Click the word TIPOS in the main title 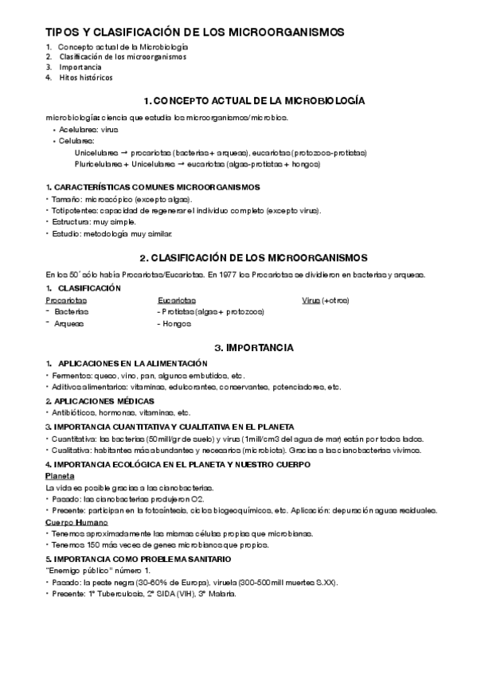[61, 33]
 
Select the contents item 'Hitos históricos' [85, 78]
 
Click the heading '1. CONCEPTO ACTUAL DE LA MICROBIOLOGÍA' [252, 102]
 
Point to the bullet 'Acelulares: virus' [88, 128]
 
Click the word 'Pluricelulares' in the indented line [97, 164]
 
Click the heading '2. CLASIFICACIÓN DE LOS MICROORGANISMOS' [252, 258]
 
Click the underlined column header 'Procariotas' [66, 300]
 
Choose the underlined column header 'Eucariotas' [177, 300]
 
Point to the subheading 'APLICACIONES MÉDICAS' [106, 400]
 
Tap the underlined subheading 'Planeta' [61, 475]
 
